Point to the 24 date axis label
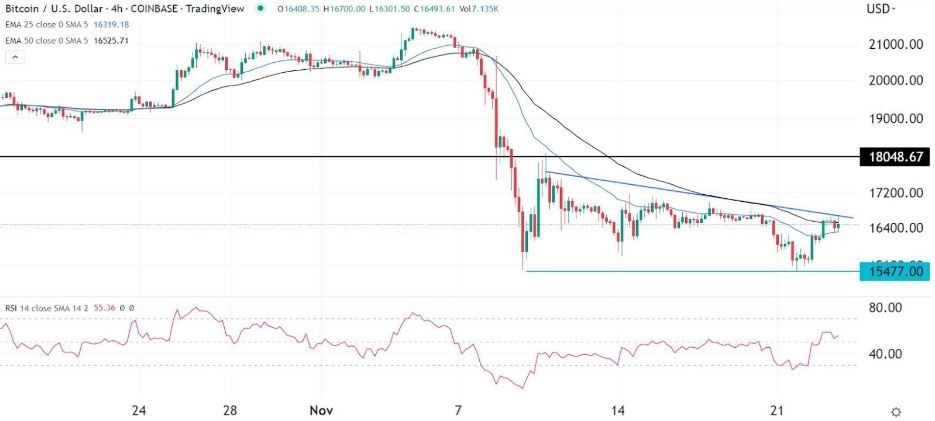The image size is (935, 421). pos(139,411)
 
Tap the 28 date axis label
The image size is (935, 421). pos(230,411)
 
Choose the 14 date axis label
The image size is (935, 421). pos(619,411)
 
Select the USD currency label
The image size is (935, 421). pos(877,10)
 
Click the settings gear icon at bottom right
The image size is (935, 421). pos(897,411)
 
